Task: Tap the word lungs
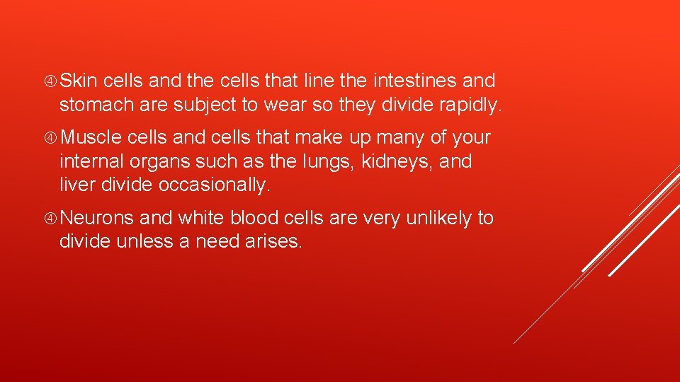pos(331,162)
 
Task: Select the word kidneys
pos(397,162)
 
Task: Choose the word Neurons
pos(102,218)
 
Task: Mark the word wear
pos(284,106)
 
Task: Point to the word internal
pos(91,162)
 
